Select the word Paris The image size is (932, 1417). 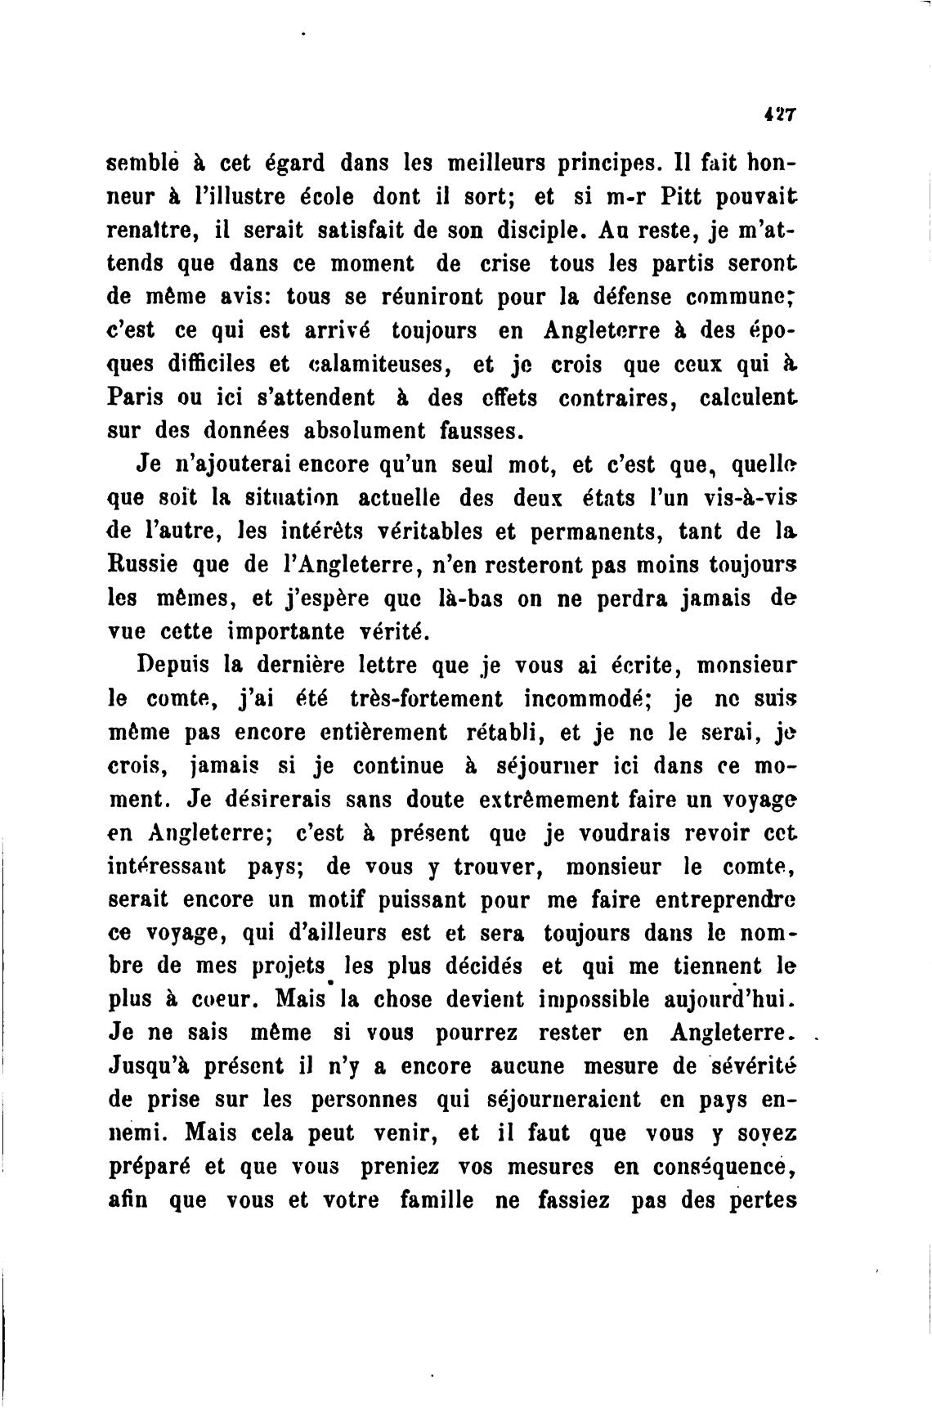(x=135, y=398)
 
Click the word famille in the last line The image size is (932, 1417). (x=437, y=1201)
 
